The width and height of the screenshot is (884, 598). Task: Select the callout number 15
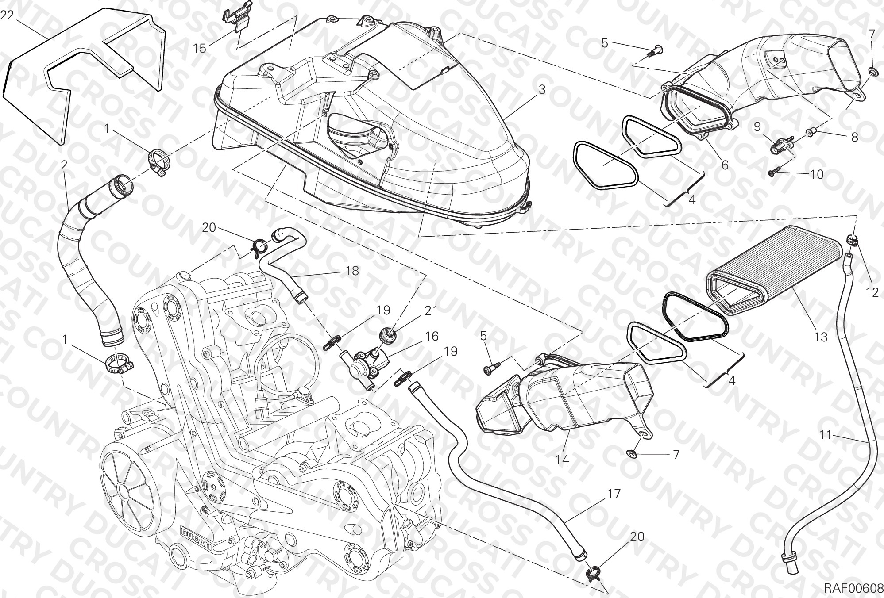coord(200,48)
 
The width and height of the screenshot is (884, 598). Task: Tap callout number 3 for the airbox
coord(541,89)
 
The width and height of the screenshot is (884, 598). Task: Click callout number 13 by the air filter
coord(820,337)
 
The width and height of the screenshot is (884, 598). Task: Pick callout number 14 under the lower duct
coord(562,460)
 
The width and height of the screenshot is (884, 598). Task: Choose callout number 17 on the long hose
coord(614,493)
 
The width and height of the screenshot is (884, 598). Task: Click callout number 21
coord(431,310)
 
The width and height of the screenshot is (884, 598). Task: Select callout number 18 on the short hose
coord(352,270)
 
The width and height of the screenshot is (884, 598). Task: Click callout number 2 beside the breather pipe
coord(64,165)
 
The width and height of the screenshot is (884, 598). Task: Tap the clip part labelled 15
coord(235,22)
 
